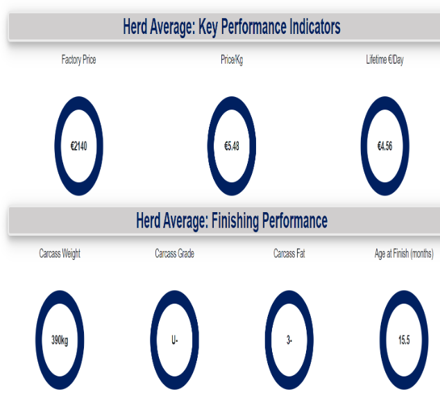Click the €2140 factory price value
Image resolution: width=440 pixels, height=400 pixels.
click(x=79, y=146)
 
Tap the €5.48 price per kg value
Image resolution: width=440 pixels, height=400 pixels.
click(x=232, y=146)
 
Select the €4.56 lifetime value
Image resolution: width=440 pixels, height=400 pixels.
click(x=384, y=146)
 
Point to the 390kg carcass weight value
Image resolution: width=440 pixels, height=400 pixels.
click(x=60, y=340)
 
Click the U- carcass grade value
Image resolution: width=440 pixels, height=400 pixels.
click(x=174, y=340)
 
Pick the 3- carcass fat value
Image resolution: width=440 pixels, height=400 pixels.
click(x=289, y=340)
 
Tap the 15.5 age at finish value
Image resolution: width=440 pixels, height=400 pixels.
click(x=404, y=340)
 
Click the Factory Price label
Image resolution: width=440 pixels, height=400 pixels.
click(x=79, y=60)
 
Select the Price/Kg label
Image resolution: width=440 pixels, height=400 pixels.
click(x=232, y=60)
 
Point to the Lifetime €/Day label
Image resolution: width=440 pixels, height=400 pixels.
click(x=384, y=60)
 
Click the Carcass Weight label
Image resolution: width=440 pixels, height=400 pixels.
click(x=60, y=254)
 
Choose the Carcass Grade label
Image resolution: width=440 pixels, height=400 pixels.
click(x=174, y=254)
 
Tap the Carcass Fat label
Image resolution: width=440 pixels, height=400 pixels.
click(x=289, y=254)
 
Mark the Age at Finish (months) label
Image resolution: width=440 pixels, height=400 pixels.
click(x=404, y=254)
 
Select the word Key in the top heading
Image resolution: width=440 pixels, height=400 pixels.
click(x=208, y=28)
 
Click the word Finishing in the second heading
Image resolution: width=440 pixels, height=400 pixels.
click(x=235, y=221)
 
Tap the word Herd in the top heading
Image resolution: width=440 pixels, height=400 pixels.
click(x=135, y=26)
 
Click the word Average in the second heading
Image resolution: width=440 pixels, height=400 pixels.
click(x=185, y=221)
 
